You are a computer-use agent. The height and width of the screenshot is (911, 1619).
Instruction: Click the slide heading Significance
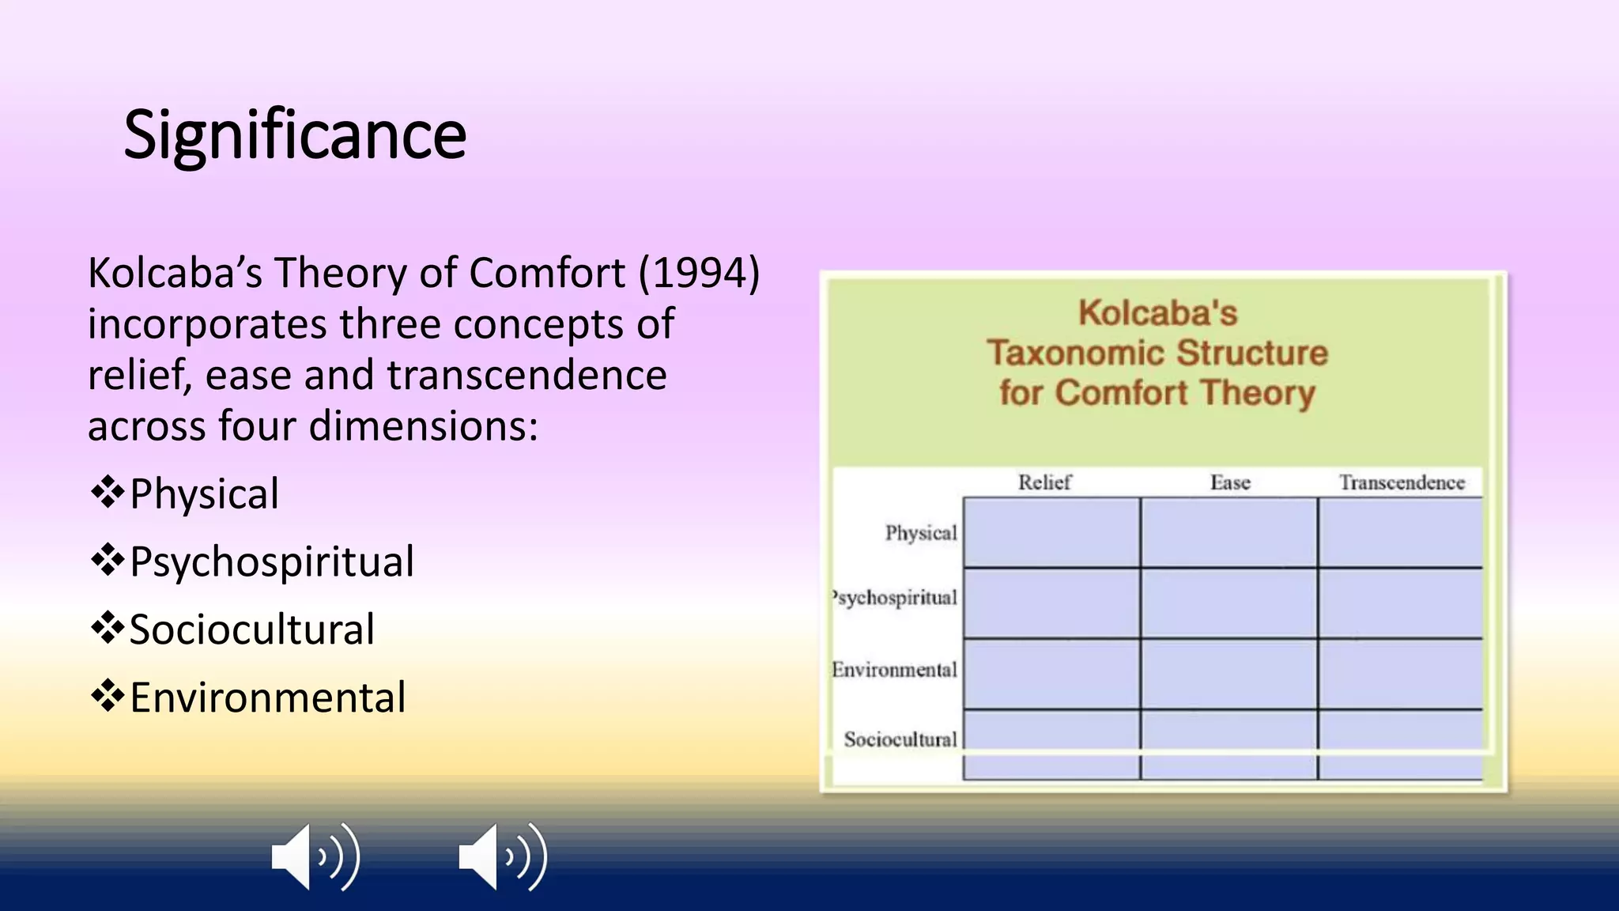295,134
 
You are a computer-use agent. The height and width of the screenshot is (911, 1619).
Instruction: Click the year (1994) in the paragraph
700,273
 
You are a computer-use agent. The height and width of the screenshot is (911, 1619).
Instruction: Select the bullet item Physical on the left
204,494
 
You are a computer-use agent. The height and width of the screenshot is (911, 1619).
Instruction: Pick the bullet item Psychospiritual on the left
271,562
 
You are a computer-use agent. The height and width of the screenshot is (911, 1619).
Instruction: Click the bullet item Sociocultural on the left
251,630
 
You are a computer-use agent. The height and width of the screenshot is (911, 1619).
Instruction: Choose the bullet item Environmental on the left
267,698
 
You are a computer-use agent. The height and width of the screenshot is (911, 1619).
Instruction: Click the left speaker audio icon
315,857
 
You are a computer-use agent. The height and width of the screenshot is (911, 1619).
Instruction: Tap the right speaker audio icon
502,857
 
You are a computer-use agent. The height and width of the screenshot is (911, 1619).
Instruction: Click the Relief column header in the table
1044,482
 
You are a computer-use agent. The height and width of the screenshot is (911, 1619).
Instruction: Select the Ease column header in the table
1230,482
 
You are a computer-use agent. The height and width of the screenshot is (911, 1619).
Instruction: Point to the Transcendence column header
1401,482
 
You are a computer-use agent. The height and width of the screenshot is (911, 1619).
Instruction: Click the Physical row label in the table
921,533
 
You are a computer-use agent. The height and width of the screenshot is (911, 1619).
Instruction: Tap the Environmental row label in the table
895,670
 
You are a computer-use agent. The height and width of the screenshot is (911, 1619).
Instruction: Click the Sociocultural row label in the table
900,739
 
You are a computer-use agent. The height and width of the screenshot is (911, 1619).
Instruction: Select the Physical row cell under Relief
1051,532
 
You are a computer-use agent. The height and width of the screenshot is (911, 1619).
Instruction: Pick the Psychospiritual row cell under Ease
1229,603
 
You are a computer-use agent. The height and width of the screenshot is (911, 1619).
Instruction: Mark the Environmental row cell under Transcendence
1400,673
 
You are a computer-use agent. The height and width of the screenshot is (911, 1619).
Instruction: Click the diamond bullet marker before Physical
108,493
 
